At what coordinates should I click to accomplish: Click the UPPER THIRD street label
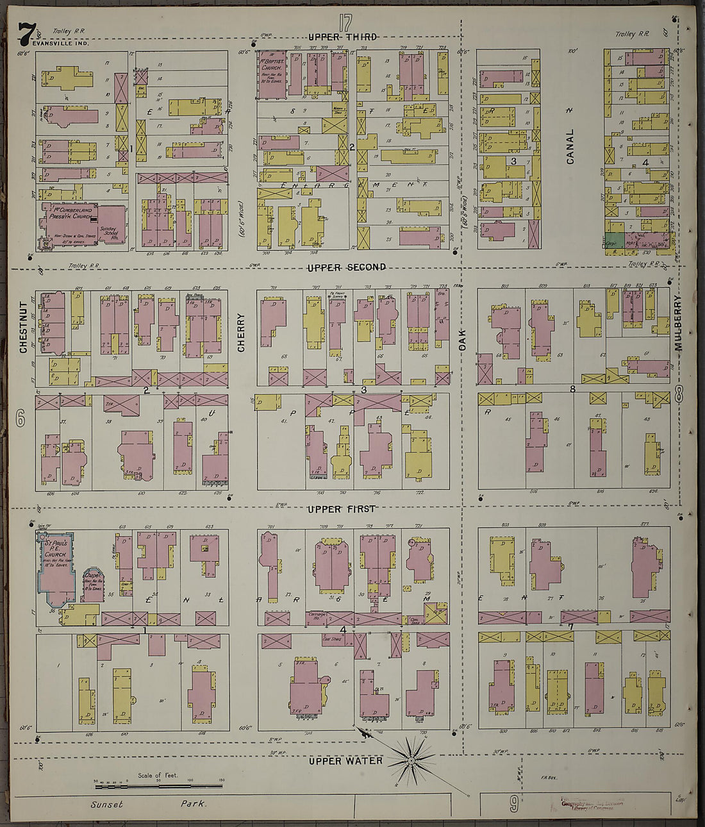click(342, 37)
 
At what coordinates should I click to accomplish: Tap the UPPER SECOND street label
click(346, 267)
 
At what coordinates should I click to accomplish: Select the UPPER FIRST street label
click(341, 509)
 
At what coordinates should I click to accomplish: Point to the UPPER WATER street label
click(345, 761)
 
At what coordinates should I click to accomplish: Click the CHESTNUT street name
click(24, 328)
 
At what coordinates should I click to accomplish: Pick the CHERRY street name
click(242, 332)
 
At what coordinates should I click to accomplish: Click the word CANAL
click(570, 146)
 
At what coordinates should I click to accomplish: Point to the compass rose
click(410, 761)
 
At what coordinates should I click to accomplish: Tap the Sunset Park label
click(148, 804)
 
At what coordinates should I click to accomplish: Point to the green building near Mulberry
click(615, 232)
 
